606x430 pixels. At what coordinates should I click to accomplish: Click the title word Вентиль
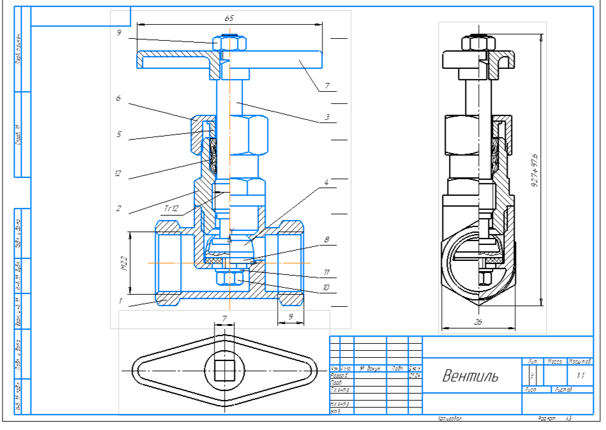pos(470,375)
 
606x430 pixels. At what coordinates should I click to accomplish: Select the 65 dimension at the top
pos(229,19)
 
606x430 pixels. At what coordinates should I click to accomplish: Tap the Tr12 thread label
pos(170,209)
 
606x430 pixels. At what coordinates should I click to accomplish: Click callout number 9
pos(119,34)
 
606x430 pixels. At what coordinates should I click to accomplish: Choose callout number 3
pos(326,119)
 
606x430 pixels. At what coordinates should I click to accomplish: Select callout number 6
pos(118,99)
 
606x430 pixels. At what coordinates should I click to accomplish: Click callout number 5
pos(118,135)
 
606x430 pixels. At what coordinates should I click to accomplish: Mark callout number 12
pos(118,173)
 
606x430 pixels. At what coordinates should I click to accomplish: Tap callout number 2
pos(118,209)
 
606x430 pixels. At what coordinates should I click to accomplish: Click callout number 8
pos(326,240)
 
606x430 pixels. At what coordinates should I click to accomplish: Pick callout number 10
pos(326,288)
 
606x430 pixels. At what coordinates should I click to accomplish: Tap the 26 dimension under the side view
pos(478,322)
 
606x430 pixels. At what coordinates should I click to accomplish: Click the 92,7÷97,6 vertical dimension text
pos(534,171)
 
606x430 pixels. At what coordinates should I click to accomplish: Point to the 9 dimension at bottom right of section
pos(291,315)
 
